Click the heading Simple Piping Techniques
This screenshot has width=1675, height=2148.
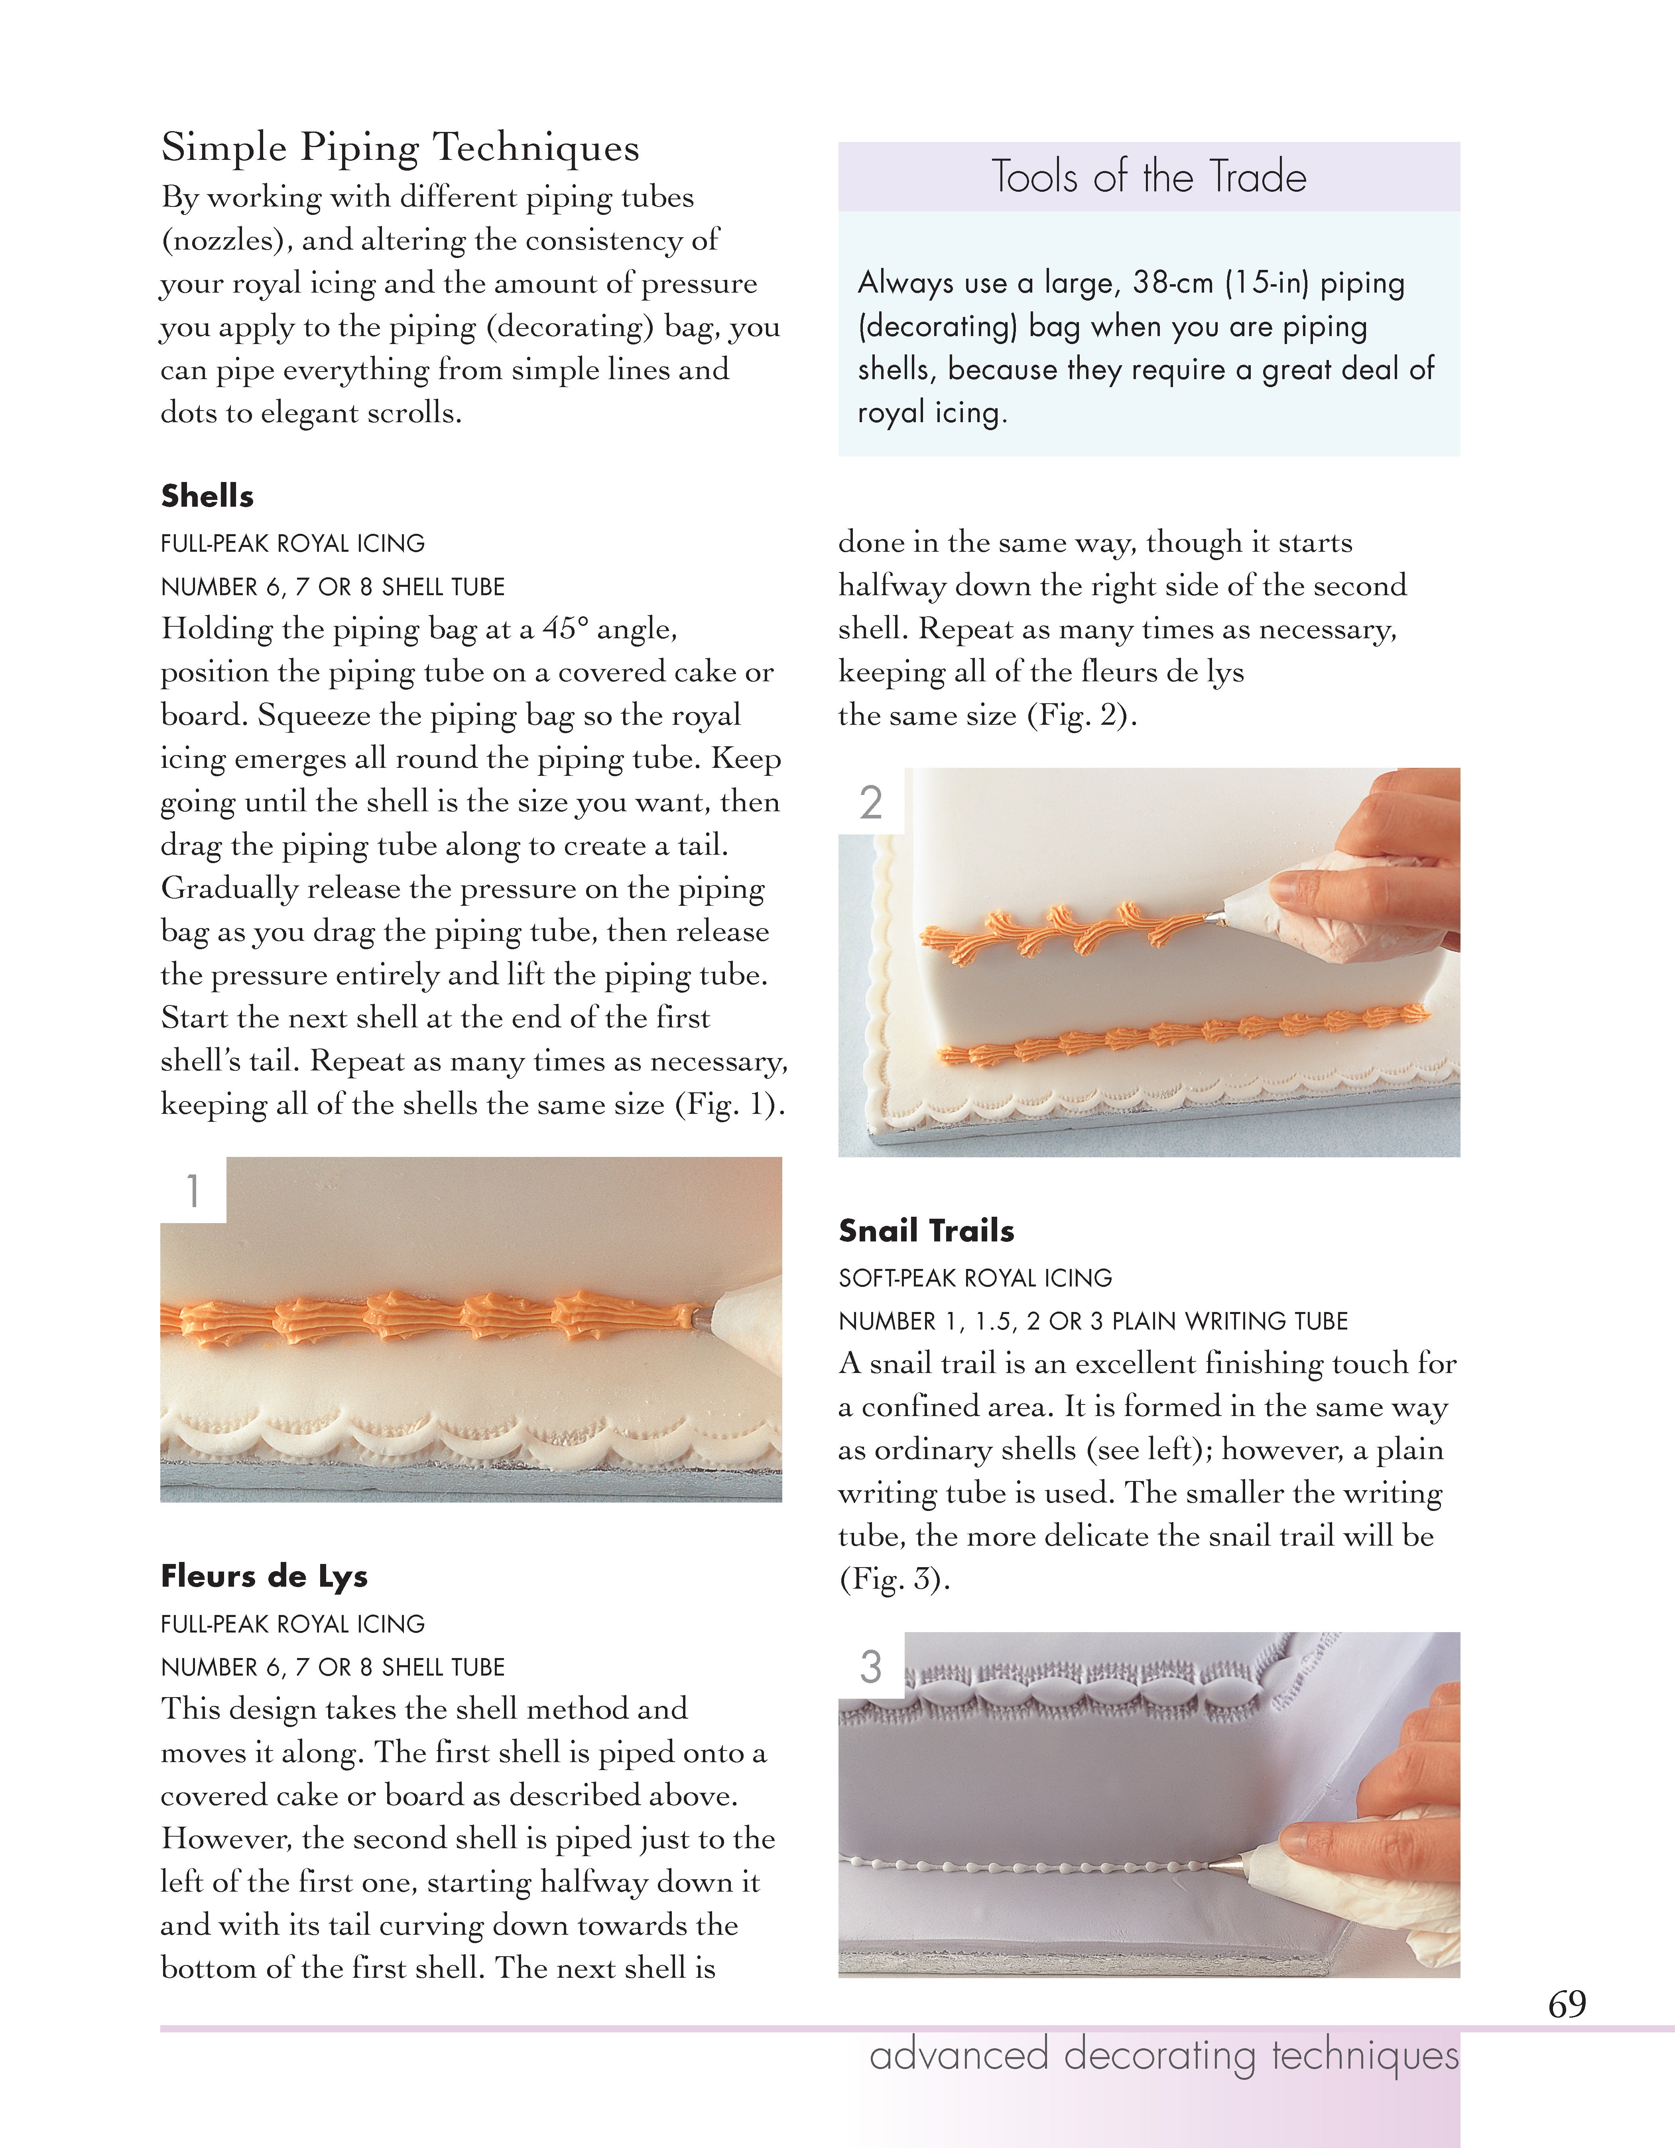click(400, 148)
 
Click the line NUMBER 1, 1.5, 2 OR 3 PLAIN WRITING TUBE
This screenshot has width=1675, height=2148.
click(1093, 1321)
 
